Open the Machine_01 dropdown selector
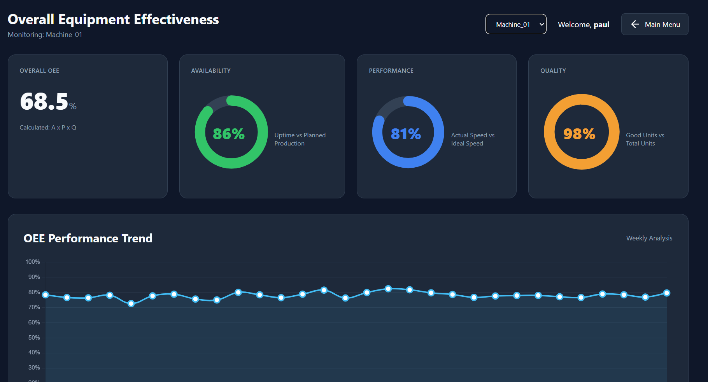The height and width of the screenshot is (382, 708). (516, 24)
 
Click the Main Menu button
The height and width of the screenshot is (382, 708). (655, 24)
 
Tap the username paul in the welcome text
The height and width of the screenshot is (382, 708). (601, 25)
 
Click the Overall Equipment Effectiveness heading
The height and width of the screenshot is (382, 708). (113, 19)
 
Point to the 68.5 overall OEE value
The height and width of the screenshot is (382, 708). (44, 102)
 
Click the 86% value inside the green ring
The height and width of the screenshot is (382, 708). (229, 134)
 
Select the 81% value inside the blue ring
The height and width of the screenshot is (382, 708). (406, 134)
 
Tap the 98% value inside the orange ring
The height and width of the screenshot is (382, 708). (579, 134)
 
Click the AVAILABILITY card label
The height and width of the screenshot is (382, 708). (211, 71)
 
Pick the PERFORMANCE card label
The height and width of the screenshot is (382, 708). (391, 71)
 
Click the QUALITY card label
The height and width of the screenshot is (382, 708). (553, 71)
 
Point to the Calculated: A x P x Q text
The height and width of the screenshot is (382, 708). (48, 128)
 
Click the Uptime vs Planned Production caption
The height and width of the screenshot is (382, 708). (300, 139)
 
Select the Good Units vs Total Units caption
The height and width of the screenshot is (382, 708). (645, 139)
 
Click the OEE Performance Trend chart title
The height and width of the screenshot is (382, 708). (88, 238)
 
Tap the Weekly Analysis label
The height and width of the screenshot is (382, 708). (649, 238)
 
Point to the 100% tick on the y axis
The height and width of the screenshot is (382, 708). (33, 262)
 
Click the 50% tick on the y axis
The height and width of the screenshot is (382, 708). (34, 338)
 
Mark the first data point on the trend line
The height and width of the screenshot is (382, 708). (46, 295)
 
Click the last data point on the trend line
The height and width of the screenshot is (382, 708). (667, 293)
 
